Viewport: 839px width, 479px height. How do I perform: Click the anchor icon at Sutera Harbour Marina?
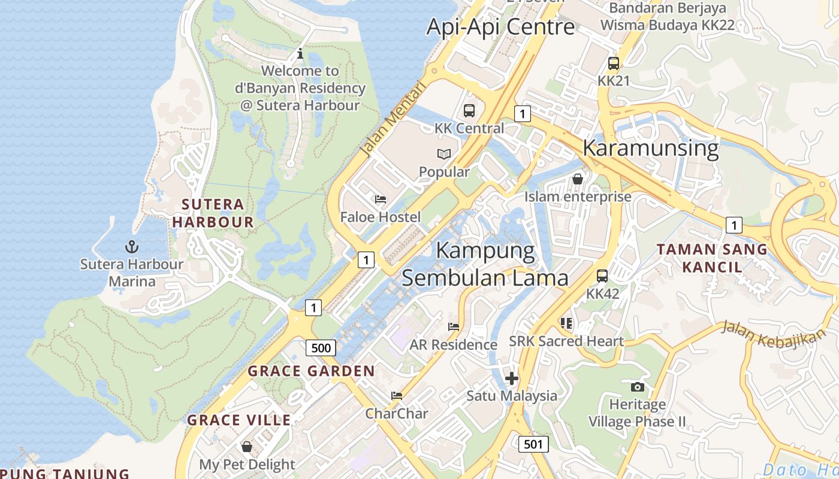click(131, 246)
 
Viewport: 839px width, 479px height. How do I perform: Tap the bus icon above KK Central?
click(469, 111)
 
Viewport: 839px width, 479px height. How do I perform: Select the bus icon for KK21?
click(613, 63)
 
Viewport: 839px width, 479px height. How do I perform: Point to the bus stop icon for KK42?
click(602, 276)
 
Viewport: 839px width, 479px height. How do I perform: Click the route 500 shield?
click(321, 348)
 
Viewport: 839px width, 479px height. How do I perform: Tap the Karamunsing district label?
click(650, 148)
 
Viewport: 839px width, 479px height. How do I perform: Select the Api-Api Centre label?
click(500, 27)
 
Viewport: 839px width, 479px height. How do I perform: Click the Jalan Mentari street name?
click(393, 119)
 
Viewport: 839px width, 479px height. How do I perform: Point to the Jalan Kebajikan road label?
click(772, 334)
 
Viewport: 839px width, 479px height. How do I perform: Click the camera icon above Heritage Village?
click(638, 387)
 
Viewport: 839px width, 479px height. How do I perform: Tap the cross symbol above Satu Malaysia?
click(512, 378)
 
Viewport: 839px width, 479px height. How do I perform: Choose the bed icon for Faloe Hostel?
click(380, 199)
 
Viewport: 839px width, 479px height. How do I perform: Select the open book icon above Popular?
click(443, 154)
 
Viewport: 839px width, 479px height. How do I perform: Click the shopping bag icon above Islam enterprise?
click(578, 179)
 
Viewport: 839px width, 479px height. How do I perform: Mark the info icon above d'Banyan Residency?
click(300, 54)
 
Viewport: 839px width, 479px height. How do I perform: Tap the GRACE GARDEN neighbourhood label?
click(311, 371)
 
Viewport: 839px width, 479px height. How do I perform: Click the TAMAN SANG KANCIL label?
click(712, 258)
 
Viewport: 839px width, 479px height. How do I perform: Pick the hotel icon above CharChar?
click(396, 396)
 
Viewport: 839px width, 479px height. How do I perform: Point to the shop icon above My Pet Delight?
click(246, 447)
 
